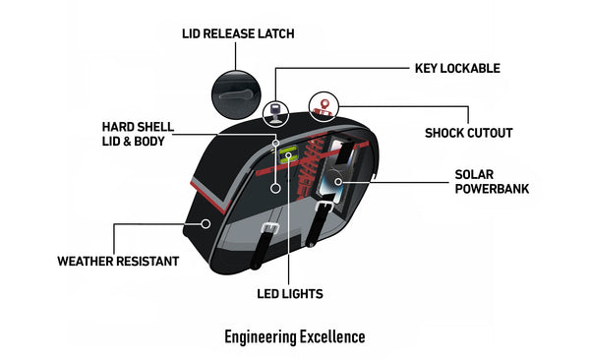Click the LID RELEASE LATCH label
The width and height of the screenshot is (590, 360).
coord(238,33)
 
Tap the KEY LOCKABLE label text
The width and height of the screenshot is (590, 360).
coord(457,68)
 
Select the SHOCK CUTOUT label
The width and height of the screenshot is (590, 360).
coord(468,133)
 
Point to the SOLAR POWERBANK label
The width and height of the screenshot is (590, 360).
coord(492,182)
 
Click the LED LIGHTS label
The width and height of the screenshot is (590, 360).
coord(290,294)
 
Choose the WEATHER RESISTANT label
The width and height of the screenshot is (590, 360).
coord(118,261)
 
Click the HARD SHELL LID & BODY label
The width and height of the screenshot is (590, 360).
coord(138,134)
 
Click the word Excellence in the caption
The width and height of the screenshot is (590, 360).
coord(330,336)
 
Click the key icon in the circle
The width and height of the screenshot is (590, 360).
coord(275,113)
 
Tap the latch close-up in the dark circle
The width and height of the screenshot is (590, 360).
coord(236,94)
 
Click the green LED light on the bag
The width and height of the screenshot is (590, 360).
coord(289,155)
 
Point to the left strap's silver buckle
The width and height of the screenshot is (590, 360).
coord(269,228)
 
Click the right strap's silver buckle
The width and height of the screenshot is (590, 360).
coord(324,207)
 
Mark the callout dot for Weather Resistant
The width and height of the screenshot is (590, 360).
coord(206,223)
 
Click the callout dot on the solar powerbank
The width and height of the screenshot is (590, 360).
coord(338,182)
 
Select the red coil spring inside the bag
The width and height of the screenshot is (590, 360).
coord(311,165)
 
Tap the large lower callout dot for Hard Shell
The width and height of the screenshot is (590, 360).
coord(275,188)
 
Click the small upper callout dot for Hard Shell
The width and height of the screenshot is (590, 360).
coord(275,143)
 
